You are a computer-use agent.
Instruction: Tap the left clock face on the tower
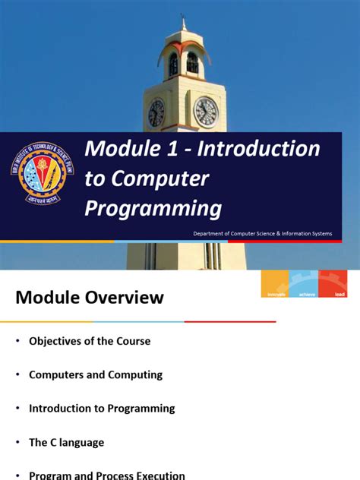[x=156, y=112]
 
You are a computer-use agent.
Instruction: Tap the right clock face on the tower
[x=206, y=112]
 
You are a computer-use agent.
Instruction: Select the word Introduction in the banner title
[x=258, y=149]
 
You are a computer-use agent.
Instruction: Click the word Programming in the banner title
[x=153, y=208]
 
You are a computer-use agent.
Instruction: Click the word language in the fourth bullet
[x=84, y=442]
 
